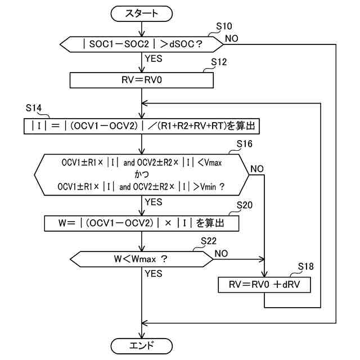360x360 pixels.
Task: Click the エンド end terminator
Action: click(141, 344)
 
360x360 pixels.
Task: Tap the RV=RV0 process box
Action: click(141, 80)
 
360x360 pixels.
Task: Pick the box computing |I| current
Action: click(141, 127)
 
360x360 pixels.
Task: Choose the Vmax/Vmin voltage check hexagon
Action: click(141, 174)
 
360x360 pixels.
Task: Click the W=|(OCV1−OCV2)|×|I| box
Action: click(141, 223)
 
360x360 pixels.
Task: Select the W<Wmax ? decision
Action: click(141, 259)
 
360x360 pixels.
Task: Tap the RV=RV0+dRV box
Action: click(264, 285)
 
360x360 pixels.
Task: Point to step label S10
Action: click(224, 26)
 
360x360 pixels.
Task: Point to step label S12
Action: click(218, 62)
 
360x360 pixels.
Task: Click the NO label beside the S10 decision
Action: click(231, 38)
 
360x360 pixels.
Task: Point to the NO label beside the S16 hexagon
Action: click(258, 169)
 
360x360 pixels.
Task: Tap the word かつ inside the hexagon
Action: click(141, 174)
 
